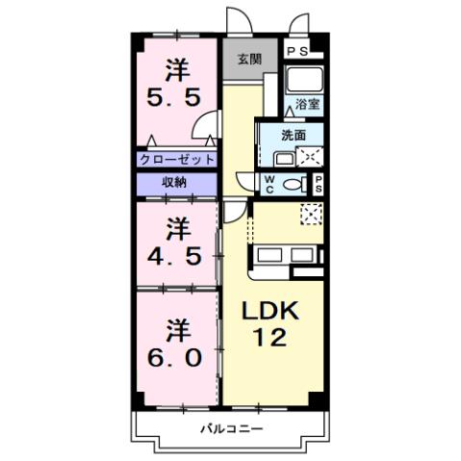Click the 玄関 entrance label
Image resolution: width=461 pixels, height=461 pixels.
coord(249,60)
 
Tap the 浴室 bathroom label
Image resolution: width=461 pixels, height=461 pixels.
coord(307,104)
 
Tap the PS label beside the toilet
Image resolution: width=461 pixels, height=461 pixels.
coord(320,184)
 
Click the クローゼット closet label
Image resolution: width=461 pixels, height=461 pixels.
coord(176,160)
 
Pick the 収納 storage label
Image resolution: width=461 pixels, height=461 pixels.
coord(174,182)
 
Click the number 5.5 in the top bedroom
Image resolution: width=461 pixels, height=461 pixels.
coord(175,97)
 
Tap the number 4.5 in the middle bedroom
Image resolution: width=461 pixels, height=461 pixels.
coord(175,257)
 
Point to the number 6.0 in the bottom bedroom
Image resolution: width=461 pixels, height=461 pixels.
coord(175,356)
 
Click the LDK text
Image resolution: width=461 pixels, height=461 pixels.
coord(269,312)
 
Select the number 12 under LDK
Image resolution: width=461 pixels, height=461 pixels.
coord(270,338)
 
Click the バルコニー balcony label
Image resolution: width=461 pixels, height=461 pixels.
coord(231,428)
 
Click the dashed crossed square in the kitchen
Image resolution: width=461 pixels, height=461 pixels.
coord(312,214)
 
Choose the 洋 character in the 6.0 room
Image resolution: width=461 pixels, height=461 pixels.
coord(175,327)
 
